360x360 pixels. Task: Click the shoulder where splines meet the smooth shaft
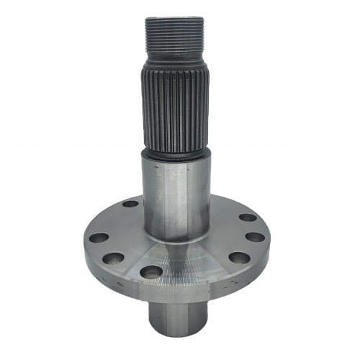[175, 153]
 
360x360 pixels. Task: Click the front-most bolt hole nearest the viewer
[151, 271]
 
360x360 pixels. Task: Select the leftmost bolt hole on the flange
[99, 237]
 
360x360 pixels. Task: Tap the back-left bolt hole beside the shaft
[130, 204]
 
